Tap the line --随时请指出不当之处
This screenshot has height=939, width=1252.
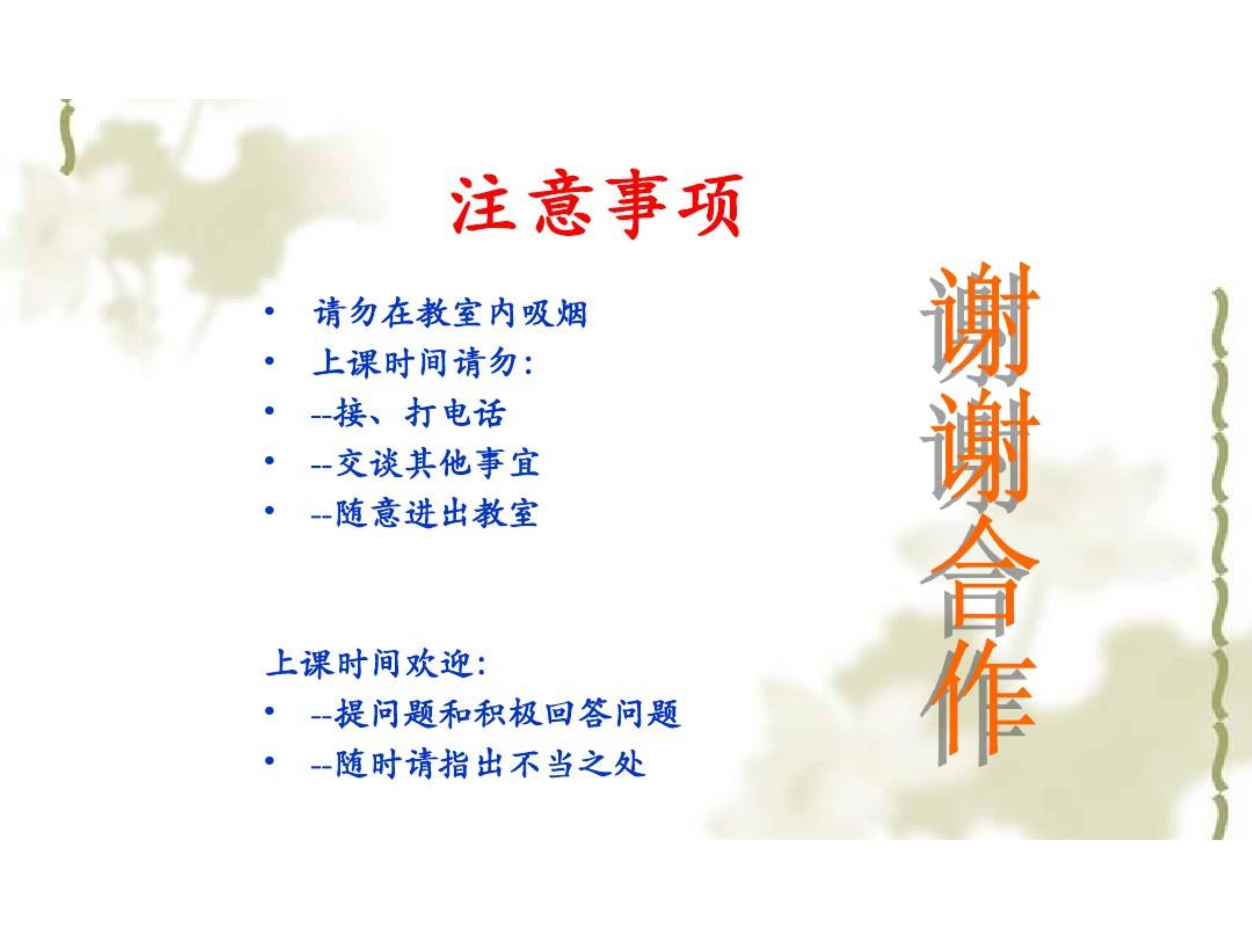click(478, 764)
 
